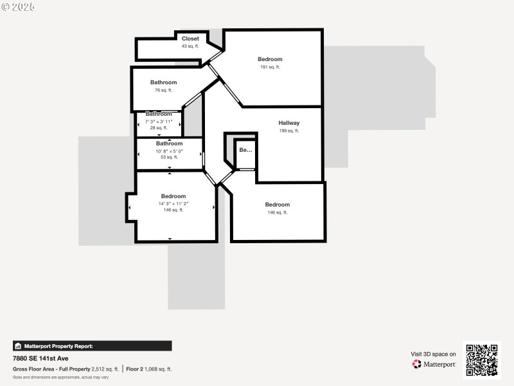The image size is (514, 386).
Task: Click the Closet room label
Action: click(190, 39)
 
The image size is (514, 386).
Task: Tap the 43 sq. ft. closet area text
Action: click(190, 46)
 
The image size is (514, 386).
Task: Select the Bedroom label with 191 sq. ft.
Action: click(270, 59)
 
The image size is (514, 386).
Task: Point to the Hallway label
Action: click(289, 123)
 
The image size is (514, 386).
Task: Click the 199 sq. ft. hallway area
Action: click(289, 131)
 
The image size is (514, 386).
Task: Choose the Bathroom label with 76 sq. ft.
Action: click(163, 82)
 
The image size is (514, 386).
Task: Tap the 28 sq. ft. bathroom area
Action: click(158, 127)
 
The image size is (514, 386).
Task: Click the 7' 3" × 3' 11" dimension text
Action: click(159, 122)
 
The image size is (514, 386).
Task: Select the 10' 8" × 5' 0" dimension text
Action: click(169, 151)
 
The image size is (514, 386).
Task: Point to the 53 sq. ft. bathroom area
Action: click(169, 157)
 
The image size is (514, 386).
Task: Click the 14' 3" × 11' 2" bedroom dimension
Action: click(173, 204)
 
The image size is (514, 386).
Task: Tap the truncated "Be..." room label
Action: click(245, 150)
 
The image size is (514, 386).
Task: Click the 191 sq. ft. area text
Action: click(270, 67)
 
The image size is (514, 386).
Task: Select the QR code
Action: click(481, 360)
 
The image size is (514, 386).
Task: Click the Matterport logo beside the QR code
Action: click(434, 364)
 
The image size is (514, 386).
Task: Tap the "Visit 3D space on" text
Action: click(434, 354)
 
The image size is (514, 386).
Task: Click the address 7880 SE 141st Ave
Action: click(40, 358)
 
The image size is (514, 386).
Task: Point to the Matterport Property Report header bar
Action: click(92, 345)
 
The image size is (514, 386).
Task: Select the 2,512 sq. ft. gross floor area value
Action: click(105, 369)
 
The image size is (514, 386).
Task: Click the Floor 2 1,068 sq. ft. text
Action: click(149, 369)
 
